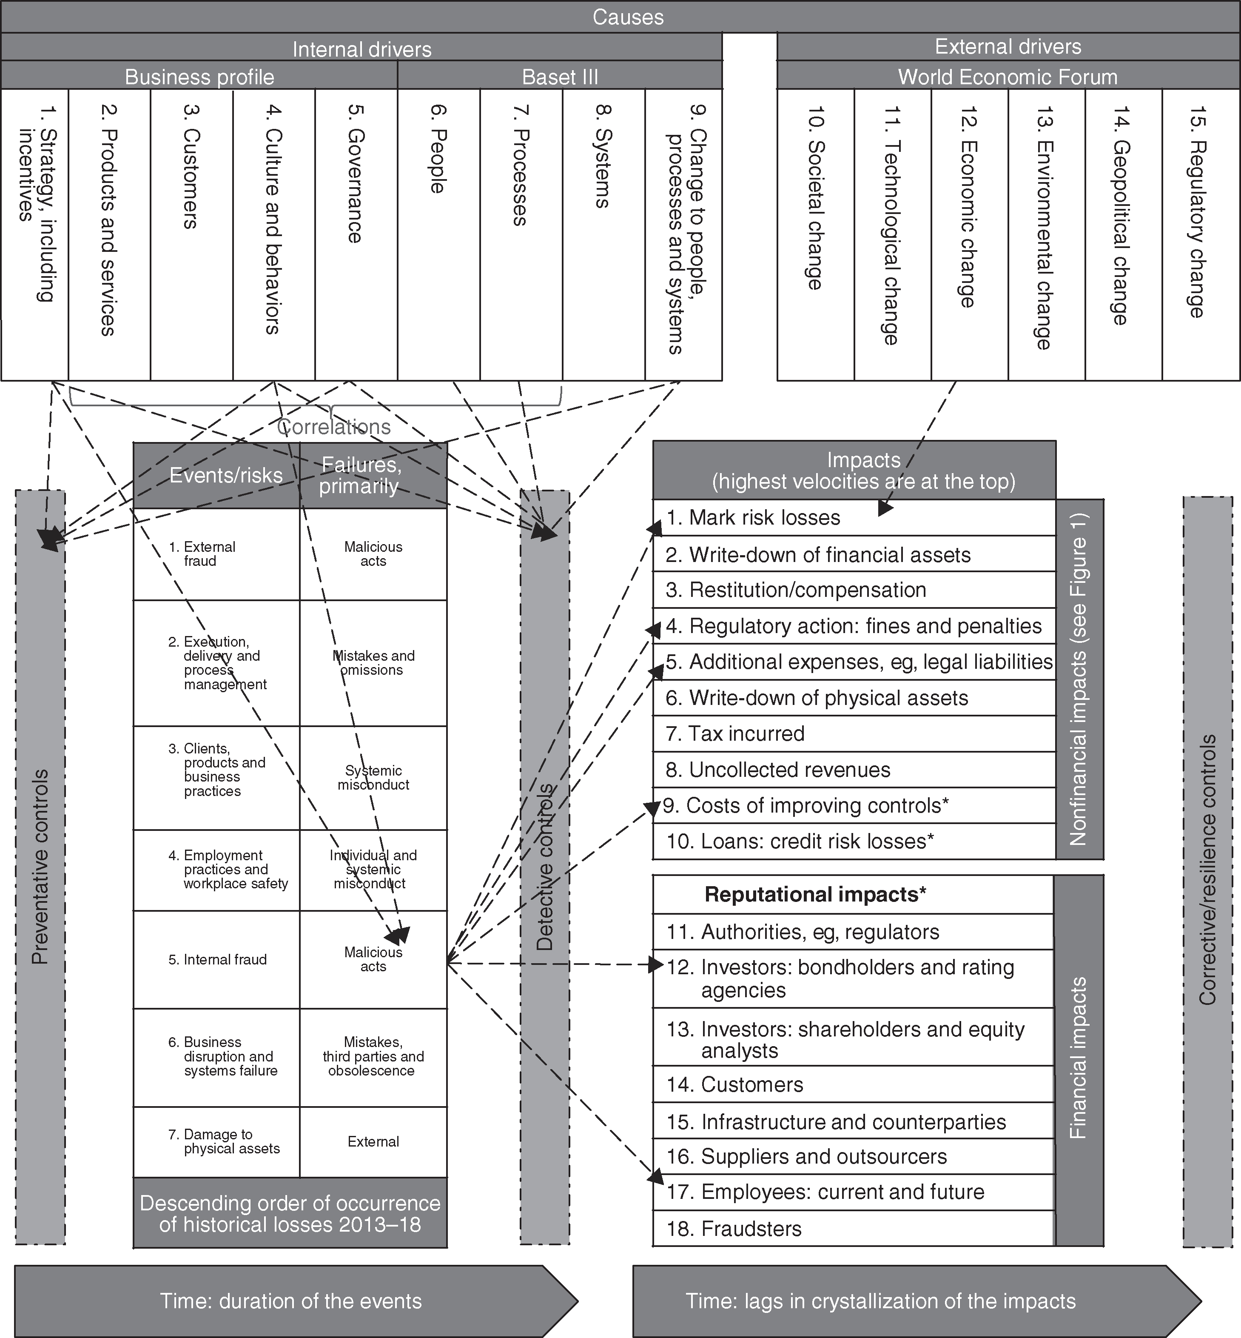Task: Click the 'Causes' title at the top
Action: pos(628,17)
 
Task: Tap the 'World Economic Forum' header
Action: pos(1008,77)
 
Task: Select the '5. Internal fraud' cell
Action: pos(218,960)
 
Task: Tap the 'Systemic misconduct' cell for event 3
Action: pos(373,778)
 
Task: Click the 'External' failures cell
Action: pos(373,1142)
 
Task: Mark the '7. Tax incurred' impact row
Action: pos(735,733)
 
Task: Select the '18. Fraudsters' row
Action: pos(734,1229)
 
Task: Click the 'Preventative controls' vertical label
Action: pos(40,867)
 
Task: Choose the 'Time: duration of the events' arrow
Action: pos(291,1301)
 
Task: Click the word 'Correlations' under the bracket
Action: pos(334,427)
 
